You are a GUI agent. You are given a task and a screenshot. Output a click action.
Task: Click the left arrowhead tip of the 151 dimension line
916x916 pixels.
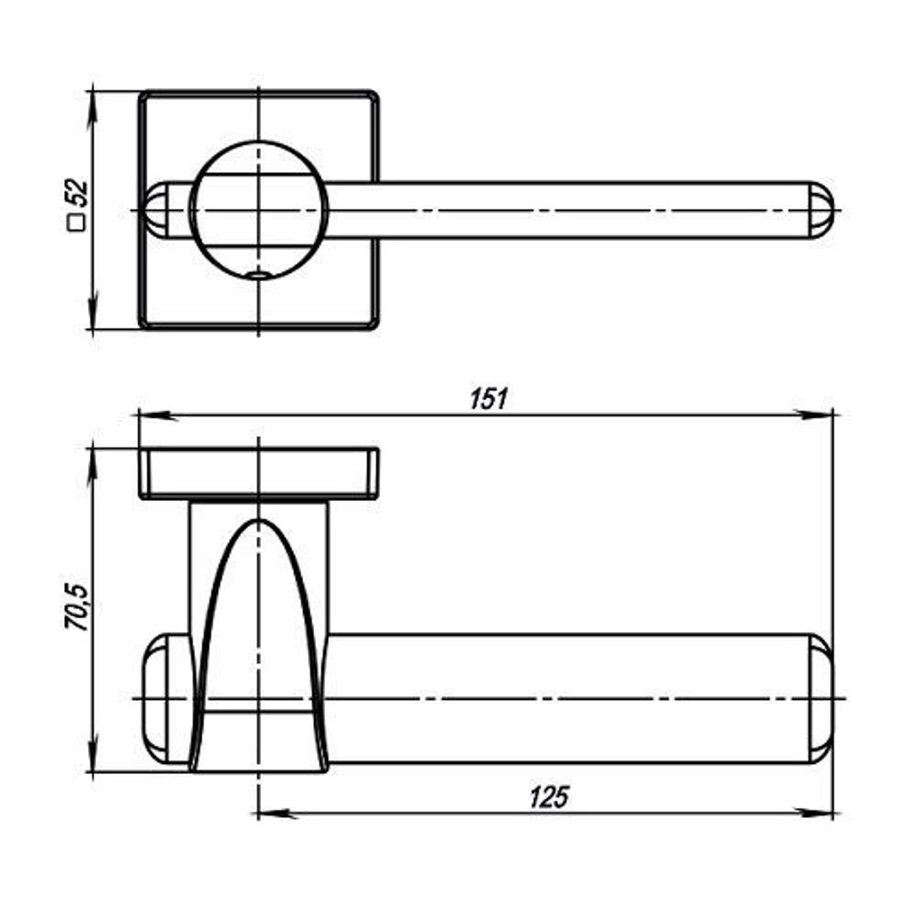pyautogui.click(x=139, y=415)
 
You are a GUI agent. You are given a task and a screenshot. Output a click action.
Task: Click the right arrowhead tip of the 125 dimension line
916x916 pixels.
pyautogui.click(x=833, y=812)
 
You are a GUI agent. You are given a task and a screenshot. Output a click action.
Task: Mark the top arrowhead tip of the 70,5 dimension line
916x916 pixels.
pyautogui.click(x=92, y=449)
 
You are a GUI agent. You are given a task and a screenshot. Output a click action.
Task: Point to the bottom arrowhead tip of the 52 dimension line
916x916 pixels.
pyautogui.click(x=92, y=330)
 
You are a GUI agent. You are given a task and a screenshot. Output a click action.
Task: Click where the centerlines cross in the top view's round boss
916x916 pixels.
pyautogui.click(x=258, y=210)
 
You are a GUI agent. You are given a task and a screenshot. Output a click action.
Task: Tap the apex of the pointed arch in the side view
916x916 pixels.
pyautogui.click(x=258, y=519)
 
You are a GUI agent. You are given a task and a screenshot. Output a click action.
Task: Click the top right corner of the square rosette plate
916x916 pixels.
pyautogui.click(x=376, y=93)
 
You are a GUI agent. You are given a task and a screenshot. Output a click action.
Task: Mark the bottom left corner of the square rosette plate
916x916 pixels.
pyautogui.click(x=141, y=327)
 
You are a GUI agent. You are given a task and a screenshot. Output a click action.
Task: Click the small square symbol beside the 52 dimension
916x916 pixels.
pyautogui.click(x=76, y=223)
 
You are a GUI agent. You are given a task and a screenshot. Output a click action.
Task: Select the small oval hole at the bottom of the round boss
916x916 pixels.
pyautogui.click(x=257, y=273)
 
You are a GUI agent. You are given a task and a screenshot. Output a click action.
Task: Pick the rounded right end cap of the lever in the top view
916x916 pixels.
pyautogui.click(x=821, y=210)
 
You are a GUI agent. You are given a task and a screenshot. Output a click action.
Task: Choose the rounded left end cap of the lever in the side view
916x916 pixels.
pyautogui.click(x=167, y=698)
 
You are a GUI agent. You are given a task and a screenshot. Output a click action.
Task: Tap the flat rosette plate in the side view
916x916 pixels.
pyautogui.click(x=259, y=474)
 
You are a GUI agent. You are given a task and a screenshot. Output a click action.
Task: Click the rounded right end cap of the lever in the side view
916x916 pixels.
pyautogui.click(x=821, y=698)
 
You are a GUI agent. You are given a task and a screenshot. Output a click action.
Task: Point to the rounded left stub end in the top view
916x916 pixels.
pyautogui.click(x=157, y=210)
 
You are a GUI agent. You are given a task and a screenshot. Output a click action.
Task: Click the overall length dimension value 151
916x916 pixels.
pyautogui.click(x=488, y=399)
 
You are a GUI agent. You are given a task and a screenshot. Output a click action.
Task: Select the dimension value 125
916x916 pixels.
pyautogui.click(x=549, y=797)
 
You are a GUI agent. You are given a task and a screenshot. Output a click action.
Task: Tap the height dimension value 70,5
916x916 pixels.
pyautogui.click(x=77, y=607)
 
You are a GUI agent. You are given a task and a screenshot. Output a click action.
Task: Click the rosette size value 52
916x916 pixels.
pyautogui.click(x=77, y=193)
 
